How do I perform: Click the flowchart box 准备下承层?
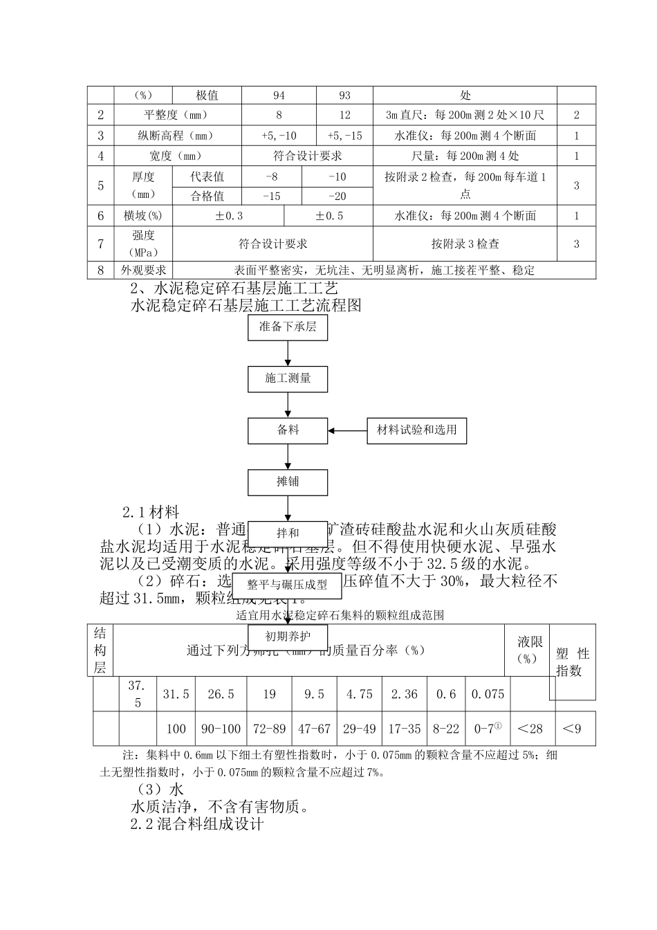tap(288, 327)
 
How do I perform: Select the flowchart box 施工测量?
tap(288, 379)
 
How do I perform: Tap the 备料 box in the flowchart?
tap(288, 430)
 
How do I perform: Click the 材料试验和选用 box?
tap(416, 430)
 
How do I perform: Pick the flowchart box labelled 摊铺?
tap(288, 481)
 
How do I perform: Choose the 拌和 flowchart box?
tap(288, 533)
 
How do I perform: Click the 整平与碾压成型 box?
tap(288, 585)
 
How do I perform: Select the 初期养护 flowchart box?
tap(288, 635)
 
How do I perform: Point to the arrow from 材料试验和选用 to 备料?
tap(347, 430)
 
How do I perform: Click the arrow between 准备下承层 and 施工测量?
tap(288, 353)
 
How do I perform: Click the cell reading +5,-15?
tap(344, 136)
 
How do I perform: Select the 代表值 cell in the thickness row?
tap(207, 176)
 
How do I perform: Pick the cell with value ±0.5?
tap(329, 216)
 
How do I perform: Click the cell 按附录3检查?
tap(465, 244)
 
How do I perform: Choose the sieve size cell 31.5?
tap(176, 694)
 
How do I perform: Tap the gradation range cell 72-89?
tap(269, 729)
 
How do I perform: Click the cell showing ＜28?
tap(531, 729)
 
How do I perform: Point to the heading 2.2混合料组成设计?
tap(197, 824)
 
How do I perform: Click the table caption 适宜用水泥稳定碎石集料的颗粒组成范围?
tap(340, 614)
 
